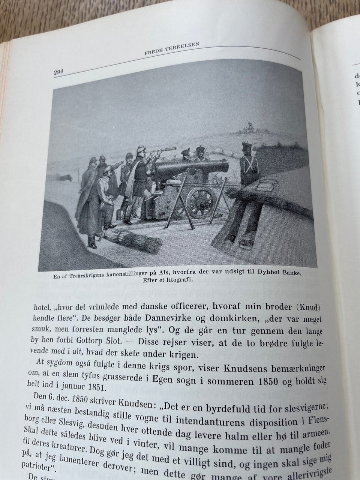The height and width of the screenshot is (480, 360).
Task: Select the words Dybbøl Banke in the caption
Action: [281, 271]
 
